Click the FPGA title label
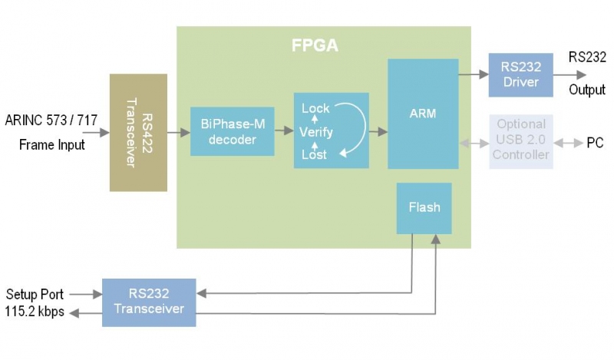tap(315, 45)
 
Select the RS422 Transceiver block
tap(138, 133)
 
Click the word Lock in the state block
tap(315, 108)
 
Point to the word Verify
tap(315, 132)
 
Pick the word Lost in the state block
tap(314, 154)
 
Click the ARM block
tap(423, 114)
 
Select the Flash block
tap(424, 208)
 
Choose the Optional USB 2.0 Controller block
tap(521, 139)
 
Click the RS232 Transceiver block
tap(149, 301)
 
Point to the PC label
tap(595, 143)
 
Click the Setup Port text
tap(35, 294)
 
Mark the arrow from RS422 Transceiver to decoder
tap(179, 133)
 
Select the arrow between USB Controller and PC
tap(569, 143)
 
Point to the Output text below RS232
tap(587, 90)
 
